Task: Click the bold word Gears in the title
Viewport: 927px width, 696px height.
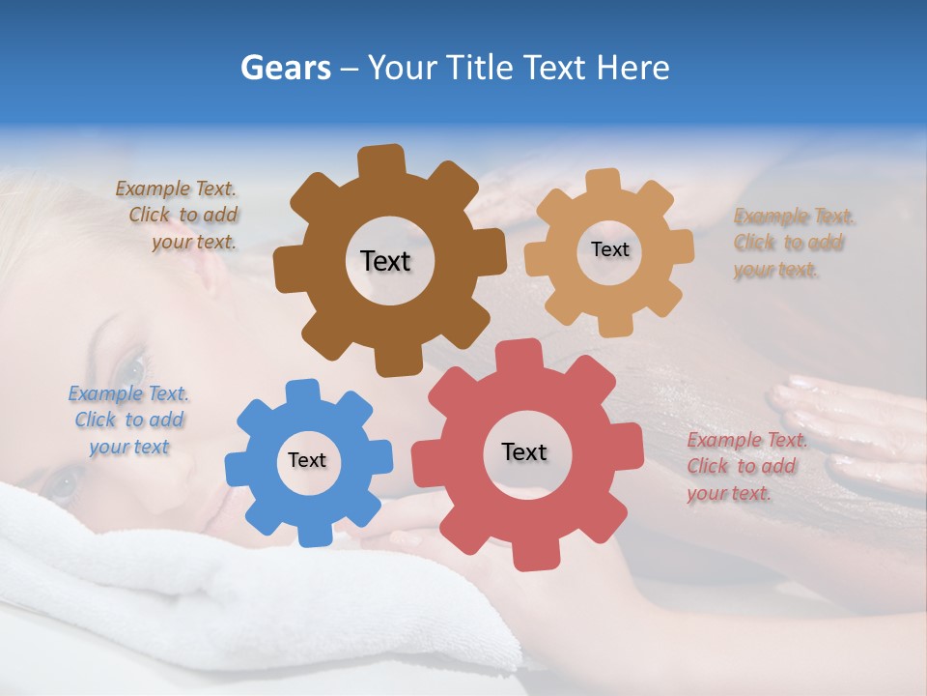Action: [285, 68]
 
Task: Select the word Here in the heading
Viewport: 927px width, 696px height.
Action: [634, 68]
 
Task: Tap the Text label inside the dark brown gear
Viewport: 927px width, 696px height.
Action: [385, 261]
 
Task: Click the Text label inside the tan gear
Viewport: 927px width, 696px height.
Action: [609, 249]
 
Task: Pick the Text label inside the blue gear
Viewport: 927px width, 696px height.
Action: [307, 461]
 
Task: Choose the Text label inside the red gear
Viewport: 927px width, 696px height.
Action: [524, 452]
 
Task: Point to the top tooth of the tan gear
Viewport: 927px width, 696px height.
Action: [604, 181]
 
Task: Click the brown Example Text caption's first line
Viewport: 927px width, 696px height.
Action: [176, 188]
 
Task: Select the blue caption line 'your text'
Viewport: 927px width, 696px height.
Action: [129, 447]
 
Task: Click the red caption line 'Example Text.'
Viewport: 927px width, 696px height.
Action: [747, 440]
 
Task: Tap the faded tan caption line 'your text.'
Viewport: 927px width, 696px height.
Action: [776, 270]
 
